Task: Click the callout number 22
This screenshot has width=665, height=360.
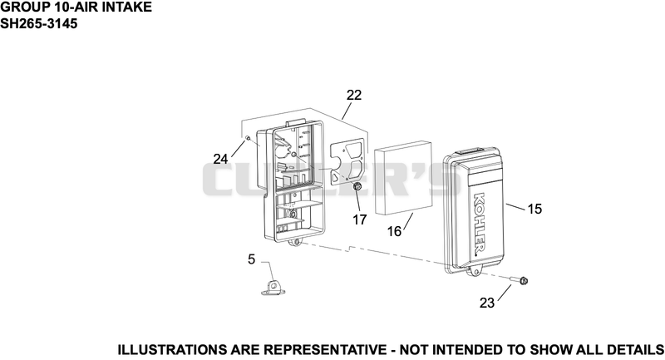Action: tap(354, 95)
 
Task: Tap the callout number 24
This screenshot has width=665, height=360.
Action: tap(220, 159)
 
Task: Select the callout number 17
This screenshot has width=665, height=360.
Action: tap(359, 219)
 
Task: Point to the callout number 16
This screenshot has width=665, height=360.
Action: tap(394, 231)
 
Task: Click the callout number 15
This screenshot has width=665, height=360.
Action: tap(534, 209)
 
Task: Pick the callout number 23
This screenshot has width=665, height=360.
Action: tap(487, 303)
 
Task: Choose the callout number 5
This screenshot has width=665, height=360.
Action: tap(252, 259)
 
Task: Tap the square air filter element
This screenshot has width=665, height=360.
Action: tap(405, 178)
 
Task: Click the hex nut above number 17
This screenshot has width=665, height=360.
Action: tap(357, 186)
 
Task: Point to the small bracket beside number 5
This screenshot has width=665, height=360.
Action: tap(273, 287)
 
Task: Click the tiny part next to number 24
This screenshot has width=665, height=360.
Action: tap(247, 138)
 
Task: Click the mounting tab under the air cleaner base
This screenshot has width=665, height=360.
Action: tap(295, 242)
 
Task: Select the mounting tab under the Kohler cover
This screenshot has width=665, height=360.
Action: tap(475, 272)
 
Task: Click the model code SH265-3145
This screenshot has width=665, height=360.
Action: tap(39, 24)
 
